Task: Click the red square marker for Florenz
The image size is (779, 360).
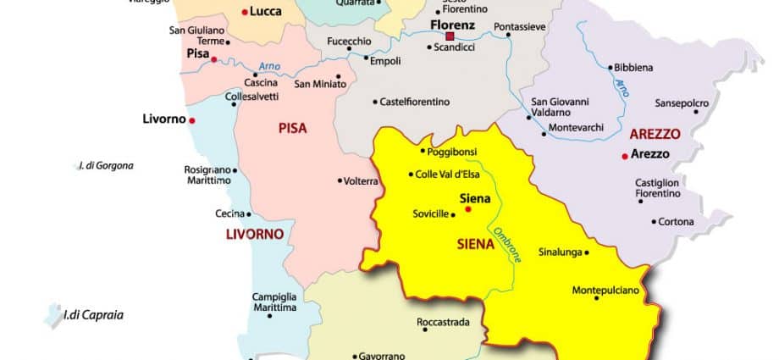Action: click(x=450, y=36)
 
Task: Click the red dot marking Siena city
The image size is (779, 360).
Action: click(x=468, y=208)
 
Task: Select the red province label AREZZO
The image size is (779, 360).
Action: click(x=655, y=134)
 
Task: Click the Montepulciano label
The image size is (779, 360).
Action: click(x=610, y=291)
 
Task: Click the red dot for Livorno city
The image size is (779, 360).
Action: click(x=192, y=120)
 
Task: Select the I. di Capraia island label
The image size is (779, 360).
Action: click(x=93, y=316)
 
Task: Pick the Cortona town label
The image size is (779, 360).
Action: click(x=677, y=222)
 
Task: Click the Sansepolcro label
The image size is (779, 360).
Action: click(x=682, y=103)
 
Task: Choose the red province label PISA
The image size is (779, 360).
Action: click(x=292, y=129)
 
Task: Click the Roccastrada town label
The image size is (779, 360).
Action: click(x=442, y=323)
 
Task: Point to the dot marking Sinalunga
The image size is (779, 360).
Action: click(x=586, y=252)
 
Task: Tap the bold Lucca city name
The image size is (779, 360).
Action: click(x=265, y=12)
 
